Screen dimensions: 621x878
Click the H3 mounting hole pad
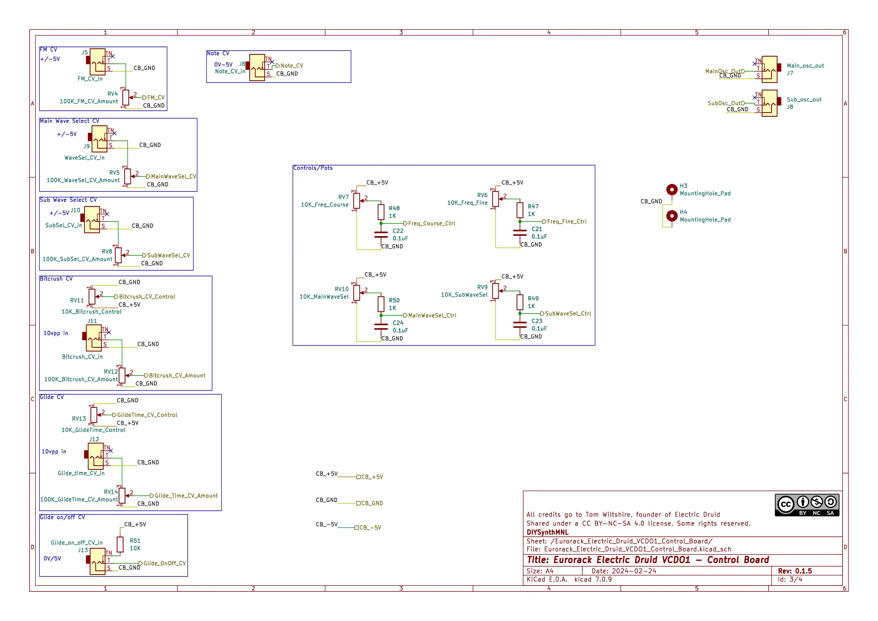coord(672,189)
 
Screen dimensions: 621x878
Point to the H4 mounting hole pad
coord(672,216)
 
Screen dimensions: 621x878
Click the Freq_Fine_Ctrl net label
coord(566,222)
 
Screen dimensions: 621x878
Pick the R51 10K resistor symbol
coord(120,544)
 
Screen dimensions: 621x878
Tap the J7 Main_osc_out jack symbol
coord(769,69)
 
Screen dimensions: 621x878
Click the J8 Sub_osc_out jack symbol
coord(769,103)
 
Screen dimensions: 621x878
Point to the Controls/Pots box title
coord(313,168)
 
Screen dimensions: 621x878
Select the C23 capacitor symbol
coord(520,325)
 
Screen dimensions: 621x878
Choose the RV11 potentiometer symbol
coord(92,296)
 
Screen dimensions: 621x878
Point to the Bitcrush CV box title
coord(56,279)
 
